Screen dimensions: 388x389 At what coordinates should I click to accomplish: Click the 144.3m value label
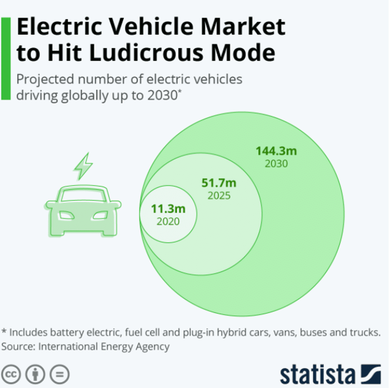276,151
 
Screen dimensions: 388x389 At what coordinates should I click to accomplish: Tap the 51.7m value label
219,183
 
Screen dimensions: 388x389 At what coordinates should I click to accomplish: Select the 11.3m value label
168,209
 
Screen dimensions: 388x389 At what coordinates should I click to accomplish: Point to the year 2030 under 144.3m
276,163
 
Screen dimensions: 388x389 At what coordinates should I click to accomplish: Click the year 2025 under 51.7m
219,195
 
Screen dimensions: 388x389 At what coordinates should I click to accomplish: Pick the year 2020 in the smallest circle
168,221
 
